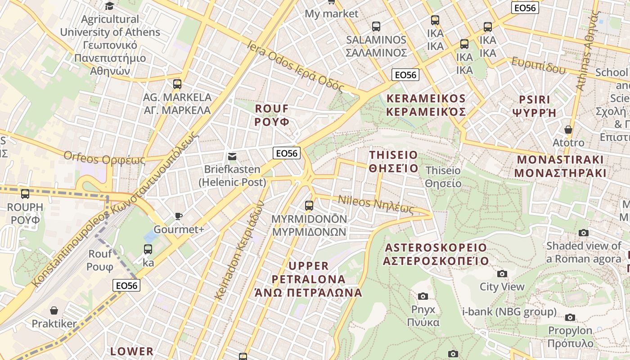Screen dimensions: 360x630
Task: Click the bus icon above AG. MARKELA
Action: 177,84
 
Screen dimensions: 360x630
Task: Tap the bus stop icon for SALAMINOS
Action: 376,27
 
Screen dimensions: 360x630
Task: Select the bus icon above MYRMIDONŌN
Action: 309,206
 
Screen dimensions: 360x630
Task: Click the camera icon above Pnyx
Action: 423,296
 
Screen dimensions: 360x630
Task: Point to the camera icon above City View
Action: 502,274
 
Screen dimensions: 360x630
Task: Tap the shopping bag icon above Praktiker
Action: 54,310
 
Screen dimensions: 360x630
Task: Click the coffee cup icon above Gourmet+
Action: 179,216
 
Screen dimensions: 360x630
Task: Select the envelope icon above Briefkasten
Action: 232,157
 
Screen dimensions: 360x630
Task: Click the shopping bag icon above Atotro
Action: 568,130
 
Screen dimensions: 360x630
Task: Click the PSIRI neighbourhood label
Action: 535,106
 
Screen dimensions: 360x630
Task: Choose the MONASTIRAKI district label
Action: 560,166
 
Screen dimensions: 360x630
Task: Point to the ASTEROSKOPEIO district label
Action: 436,254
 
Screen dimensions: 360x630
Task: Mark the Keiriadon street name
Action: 239,250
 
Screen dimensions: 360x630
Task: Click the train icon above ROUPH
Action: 25,194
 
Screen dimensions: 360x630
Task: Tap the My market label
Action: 332,13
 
